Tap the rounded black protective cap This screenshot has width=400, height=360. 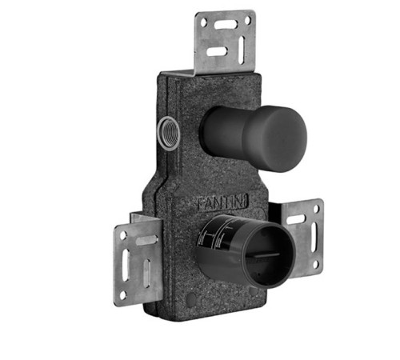pyautogui.click(x=254, y=138)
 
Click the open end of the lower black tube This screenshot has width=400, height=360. pyautogui.click(x=269, y=257)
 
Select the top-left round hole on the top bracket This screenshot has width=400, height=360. pyautogui.click(x=203, y=22)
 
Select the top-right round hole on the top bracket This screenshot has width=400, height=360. pyautogui.click(x=247, y=20)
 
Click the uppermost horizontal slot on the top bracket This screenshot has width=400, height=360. pyautogui.click(x=226, y=25)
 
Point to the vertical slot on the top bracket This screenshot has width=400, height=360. pyautogui.click(x=242, y=50)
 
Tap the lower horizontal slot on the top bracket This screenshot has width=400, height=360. pyautogui.click(x=218, y=51)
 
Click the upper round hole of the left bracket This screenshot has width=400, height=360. pyautogui.click(x=123, y=235)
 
